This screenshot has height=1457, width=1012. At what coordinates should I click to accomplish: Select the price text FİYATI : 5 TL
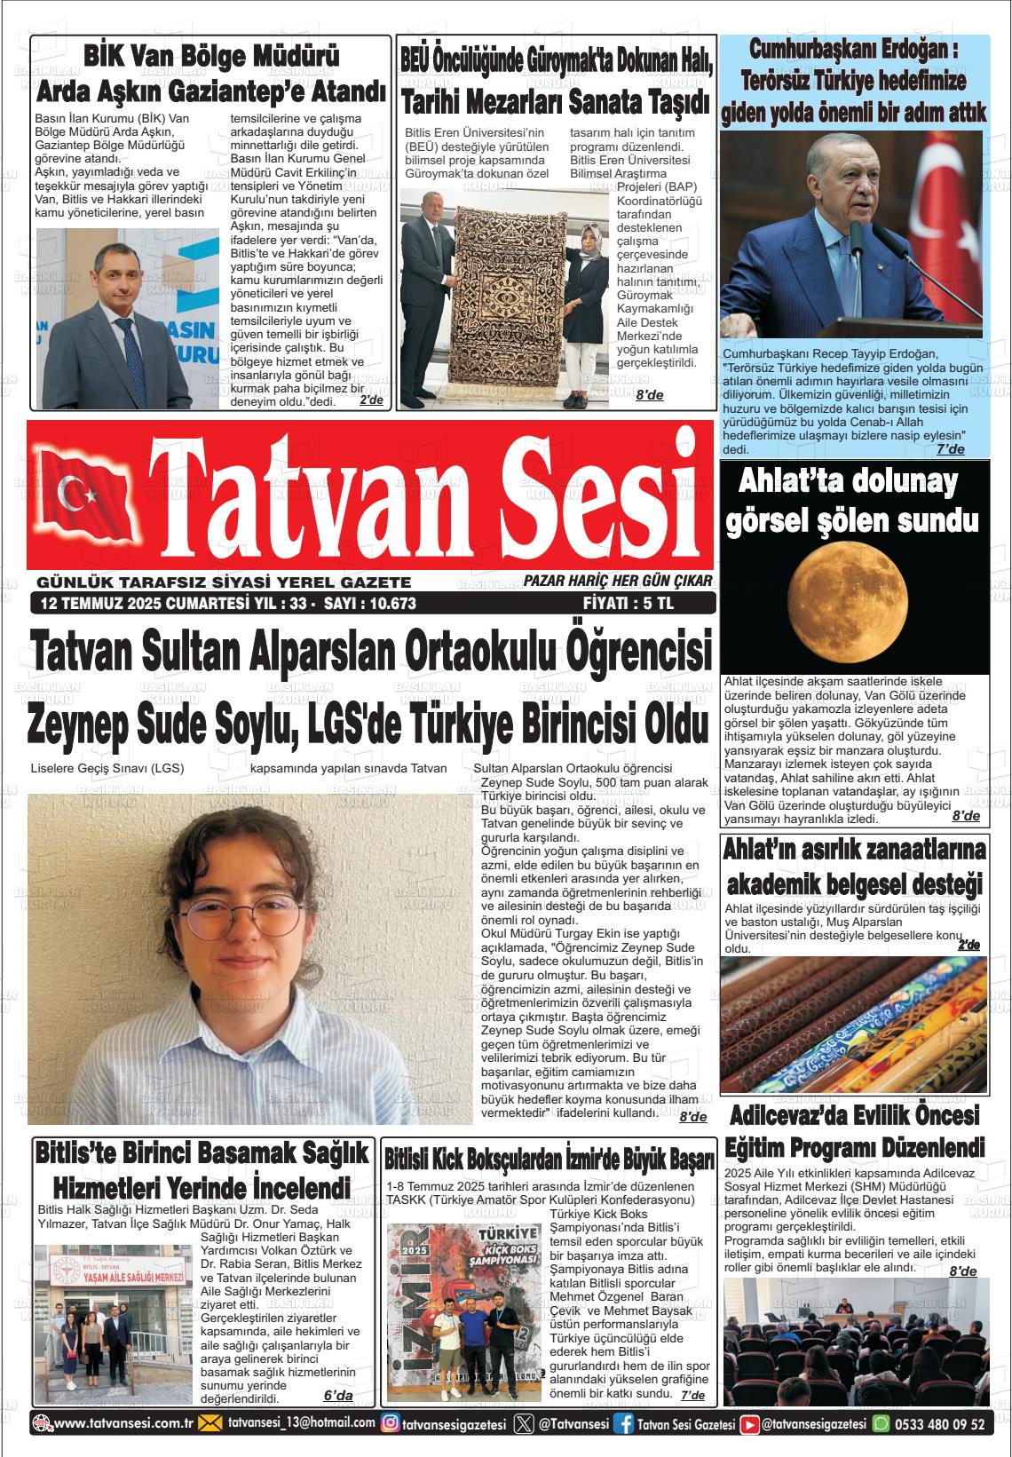pyautogui.click(x=629, y=605)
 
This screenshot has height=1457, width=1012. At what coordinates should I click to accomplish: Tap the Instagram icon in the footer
pyautogui.click(x=389, y=1423)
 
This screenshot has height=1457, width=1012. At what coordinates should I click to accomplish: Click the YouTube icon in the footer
pyautogui.click(x=750, y=1423)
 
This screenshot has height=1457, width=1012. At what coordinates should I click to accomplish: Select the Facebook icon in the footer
pyautogui.click(x=624, y=1423)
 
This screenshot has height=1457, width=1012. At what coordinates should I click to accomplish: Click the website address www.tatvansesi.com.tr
pyautogui.click(x=123, y=1423)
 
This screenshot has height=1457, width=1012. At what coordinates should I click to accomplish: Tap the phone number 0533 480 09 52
pyautogui.click(x=940, y=1423)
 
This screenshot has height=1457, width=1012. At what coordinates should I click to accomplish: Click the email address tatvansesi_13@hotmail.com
pyautogui.click(x=301, y=1422)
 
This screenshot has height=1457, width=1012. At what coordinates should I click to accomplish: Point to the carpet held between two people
pyautogui.click(x=504, y=293)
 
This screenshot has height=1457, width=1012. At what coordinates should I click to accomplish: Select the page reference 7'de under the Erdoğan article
pyautogui.click(x=950, y=449)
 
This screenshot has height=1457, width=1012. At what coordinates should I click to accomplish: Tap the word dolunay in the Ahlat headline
pyautogui.click(x=892, y=482)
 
